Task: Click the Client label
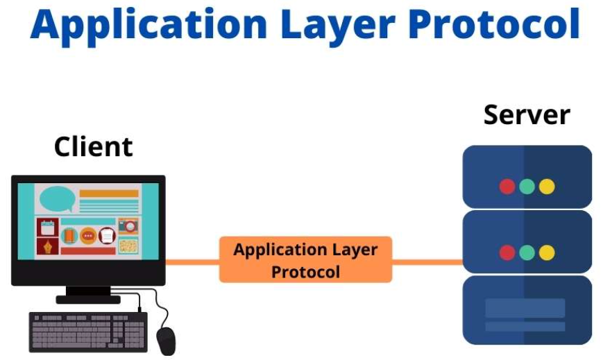93,147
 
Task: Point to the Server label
527,114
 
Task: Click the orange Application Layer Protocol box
305,259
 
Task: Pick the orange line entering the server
427,262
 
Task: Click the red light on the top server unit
507,187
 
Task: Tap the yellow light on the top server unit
547,187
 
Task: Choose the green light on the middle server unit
527,252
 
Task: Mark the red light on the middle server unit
507,252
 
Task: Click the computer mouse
166,340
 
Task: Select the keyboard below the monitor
88,331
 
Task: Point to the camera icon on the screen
128,225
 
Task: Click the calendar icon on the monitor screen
48,227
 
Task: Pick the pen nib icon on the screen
48,246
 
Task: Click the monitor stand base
88,300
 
